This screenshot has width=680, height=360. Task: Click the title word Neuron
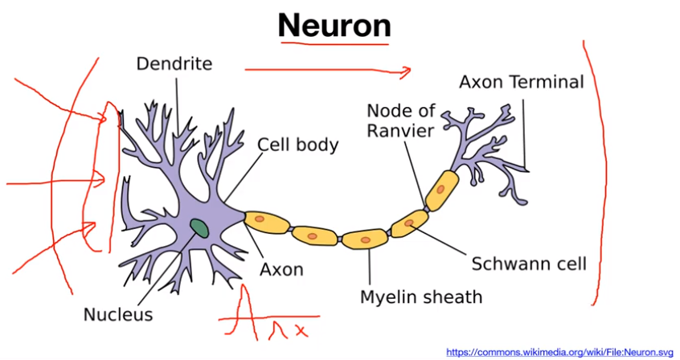click(334, 26)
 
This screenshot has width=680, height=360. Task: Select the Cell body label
click(297, 145)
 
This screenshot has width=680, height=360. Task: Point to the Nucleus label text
click(118, 314)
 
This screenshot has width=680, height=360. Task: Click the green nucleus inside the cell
click(199, 228)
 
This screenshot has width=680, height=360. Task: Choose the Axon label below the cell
click(281, 269)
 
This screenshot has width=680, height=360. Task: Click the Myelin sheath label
click(420, 297)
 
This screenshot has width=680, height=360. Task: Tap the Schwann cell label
click(529, 264)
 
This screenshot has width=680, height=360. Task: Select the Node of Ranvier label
click(400, 120)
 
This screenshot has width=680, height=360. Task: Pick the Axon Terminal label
click(521, 82)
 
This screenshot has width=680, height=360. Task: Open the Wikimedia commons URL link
click(560, 352)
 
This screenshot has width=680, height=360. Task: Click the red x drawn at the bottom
click(300, 329)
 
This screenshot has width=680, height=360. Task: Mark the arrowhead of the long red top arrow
click(408, 70)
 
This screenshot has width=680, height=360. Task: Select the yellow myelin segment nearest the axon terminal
click(442, 190)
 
